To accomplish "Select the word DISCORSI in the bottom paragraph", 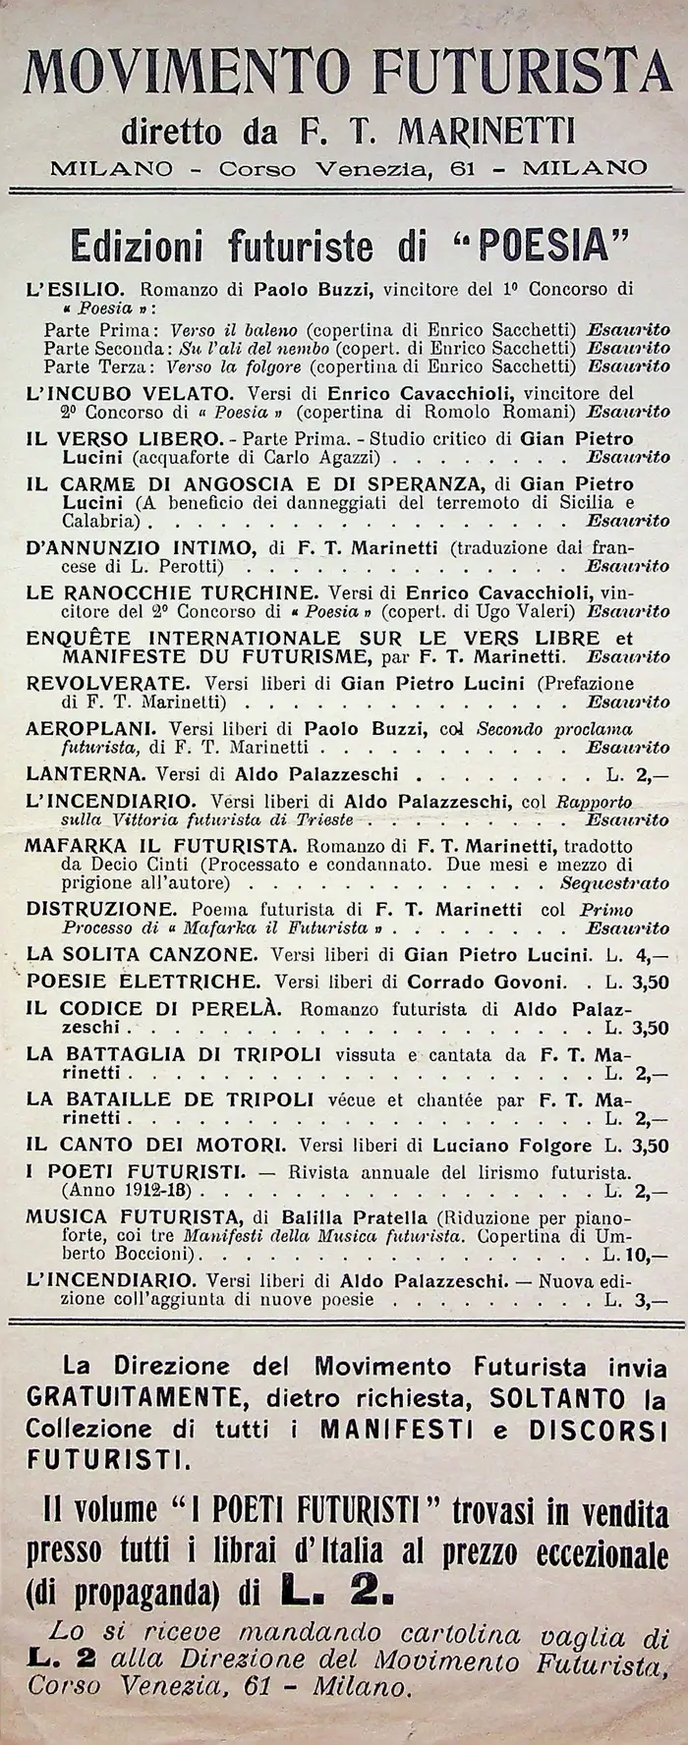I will click(x=606, y=1428).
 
